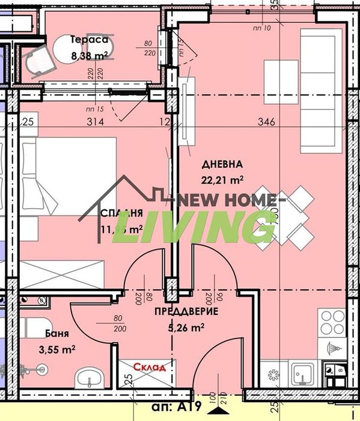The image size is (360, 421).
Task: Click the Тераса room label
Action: (x=89, y=40)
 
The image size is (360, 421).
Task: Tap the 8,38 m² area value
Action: (x=89, y=55)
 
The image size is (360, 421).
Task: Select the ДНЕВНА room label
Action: (x=222, y=164)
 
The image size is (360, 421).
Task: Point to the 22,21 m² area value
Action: (x=222, y=179)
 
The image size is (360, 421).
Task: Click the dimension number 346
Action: (x=266, y=122)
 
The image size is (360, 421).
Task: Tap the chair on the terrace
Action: (x=34, y=62)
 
